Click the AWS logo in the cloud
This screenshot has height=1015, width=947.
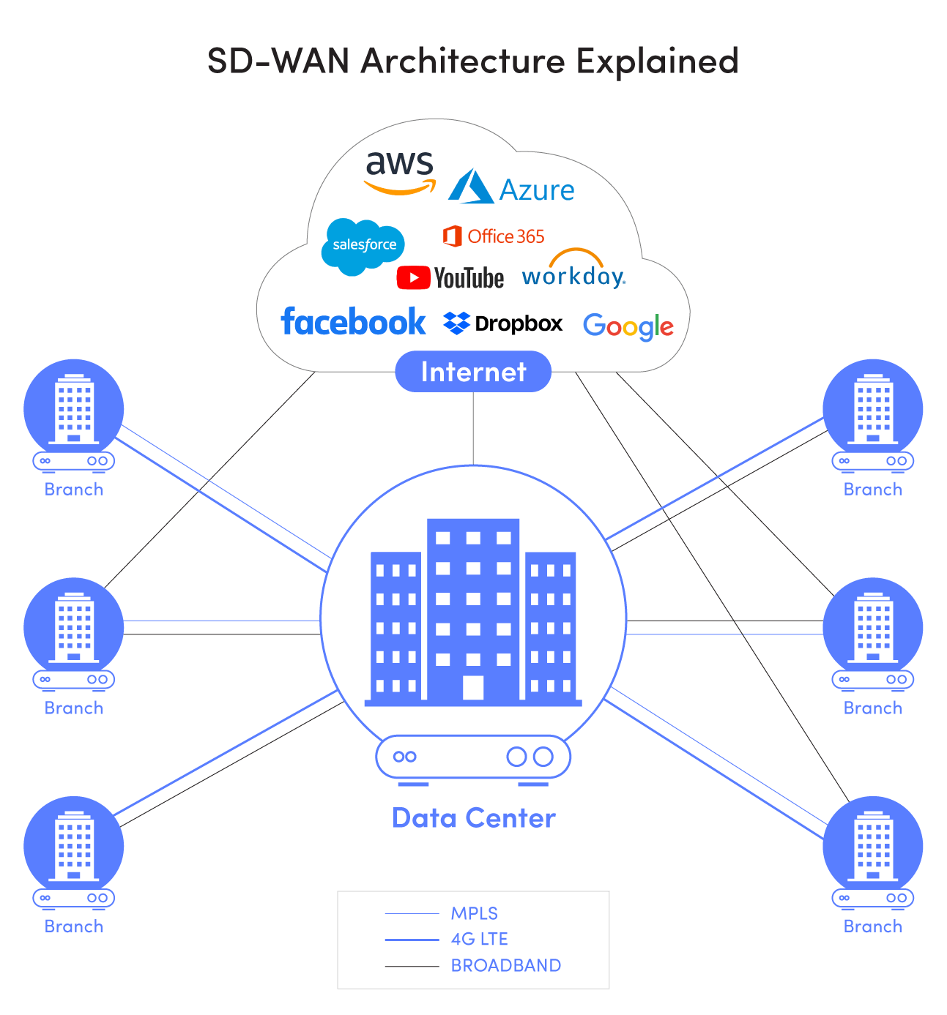tap(400, 173)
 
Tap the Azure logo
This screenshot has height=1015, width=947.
tap(511, 189)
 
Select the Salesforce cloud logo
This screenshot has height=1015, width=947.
tap(363, 246)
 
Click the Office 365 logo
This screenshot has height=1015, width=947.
tap(494, 236)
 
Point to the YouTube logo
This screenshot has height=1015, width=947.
tap(450, 278)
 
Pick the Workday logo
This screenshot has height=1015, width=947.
tap(573, 271)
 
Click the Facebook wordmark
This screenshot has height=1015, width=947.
tap(353, 322)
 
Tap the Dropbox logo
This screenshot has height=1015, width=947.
tap(503, 323)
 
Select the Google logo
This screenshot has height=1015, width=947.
tap(628, 326)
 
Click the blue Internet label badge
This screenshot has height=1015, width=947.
tap(473, 372)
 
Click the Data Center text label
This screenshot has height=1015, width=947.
tap(473, 818)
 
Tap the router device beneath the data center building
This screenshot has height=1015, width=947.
tap(473, 757)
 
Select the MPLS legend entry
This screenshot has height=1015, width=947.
tap(474, 913)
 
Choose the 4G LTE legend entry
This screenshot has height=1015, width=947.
tap(479, 939)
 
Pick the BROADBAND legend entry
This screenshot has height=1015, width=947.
tap(505, 965)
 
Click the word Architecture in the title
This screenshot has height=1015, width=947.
tap(463, 61)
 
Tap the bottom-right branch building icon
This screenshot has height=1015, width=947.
tap(872, 846)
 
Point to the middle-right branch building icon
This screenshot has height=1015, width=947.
tap(872, 627)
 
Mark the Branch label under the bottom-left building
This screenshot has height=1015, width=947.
tap(74, 926)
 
